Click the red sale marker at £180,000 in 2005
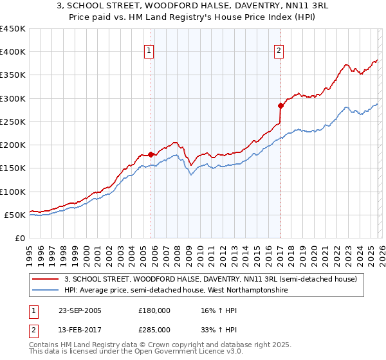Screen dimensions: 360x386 pos(151,154)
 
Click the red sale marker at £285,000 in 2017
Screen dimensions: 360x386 pos(280,105)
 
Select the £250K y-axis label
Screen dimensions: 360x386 pos(13,122)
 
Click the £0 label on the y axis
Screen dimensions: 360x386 pos(19,238)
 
